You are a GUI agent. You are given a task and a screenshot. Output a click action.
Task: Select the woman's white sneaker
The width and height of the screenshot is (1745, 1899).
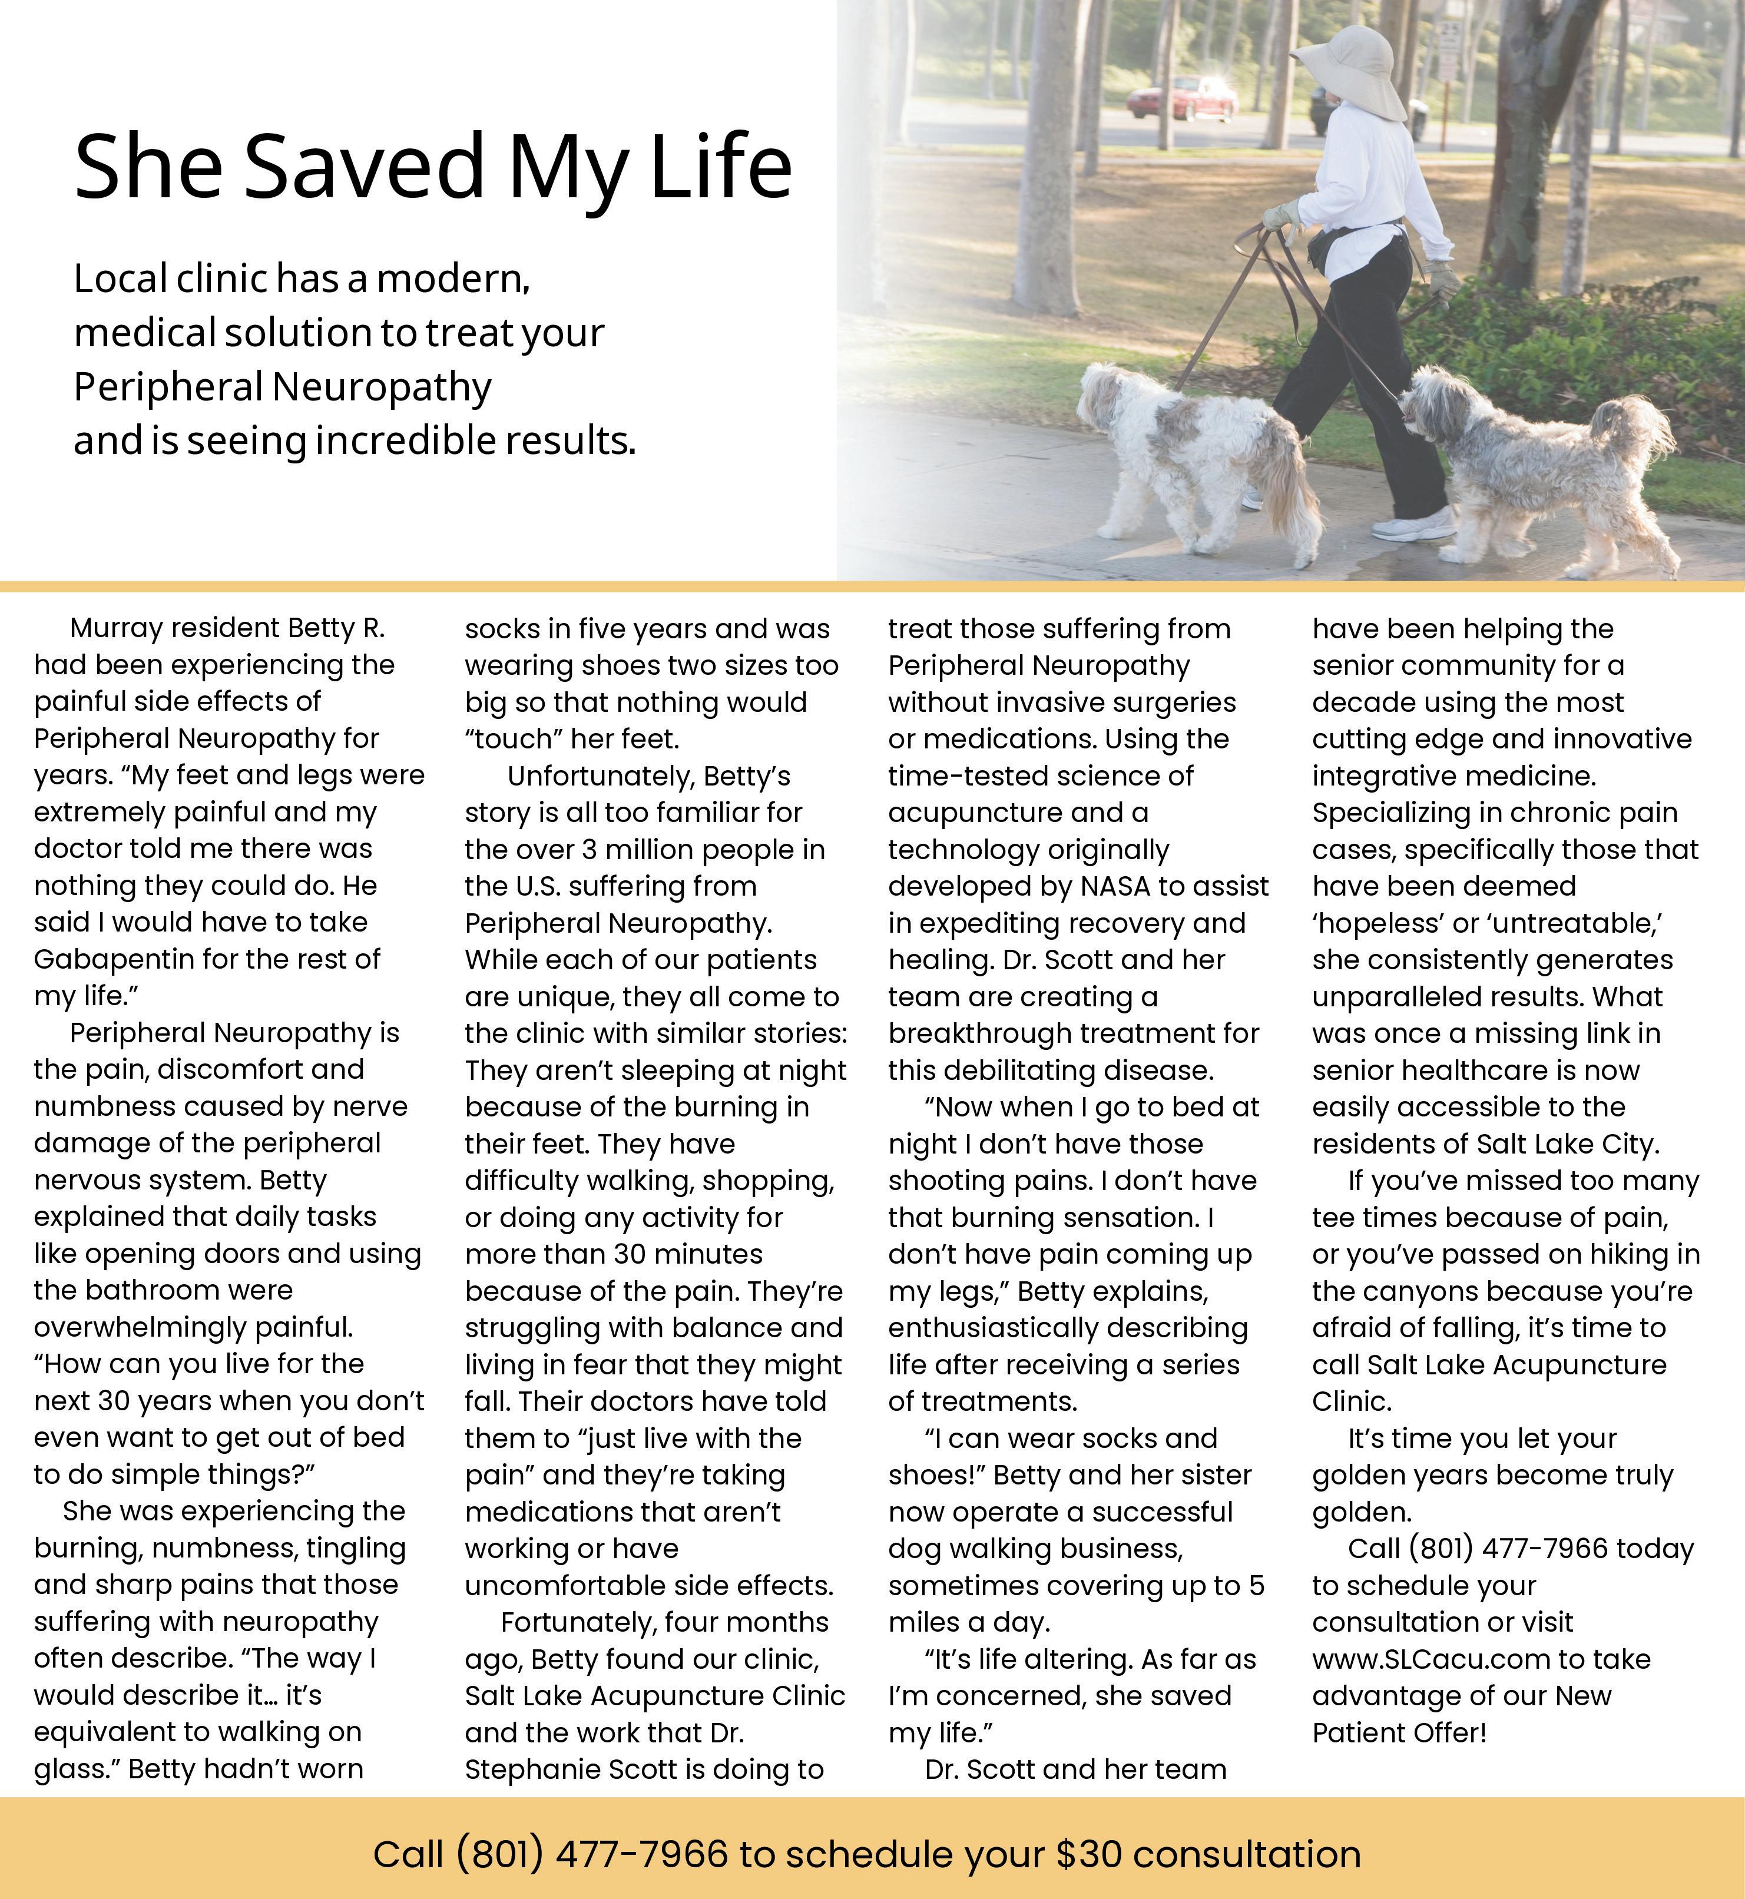click(1412, 522)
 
